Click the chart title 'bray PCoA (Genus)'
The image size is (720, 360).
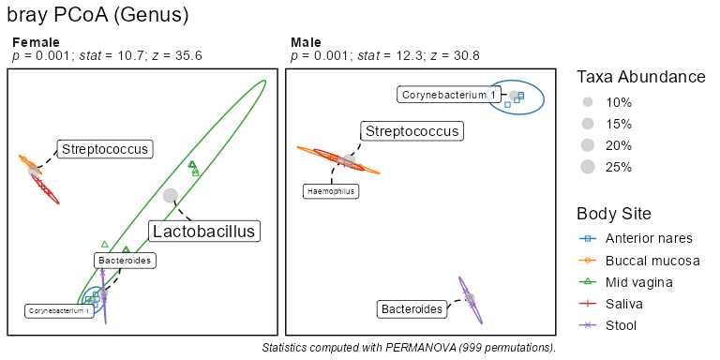97,16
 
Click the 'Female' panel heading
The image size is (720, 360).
36,43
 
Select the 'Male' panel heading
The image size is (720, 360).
306,43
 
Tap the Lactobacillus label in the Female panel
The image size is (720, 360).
203,231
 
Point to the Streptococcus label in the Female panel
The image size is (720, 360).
105,149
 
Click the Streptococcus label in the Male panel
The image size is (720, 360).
412,131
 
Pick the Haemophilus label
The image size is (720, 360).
331,191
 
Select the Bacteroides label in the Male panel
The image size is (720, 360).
412,309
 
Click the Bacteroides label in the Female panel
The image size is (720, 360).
125,261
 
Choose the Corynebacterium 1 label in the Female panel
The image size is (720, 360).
59,311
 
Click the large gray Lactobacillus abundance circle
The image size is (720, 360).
171,195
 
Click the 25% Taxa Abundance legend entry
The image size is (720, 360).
606,167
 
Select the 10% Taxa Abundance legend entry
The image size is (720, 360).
606,103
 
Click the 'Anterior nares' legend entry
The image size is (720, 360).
636,238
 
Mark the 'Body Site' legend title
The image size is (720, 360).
613,214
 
